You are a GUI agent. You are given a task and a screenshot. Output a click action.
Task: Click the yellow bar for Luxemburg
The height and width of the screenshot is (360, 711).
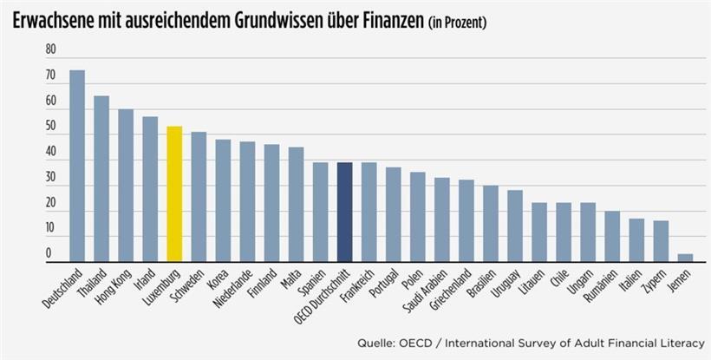174,194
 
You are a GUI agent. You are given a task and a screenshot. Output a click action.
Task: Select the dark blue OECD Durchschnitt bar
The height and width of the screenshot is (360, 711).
344,212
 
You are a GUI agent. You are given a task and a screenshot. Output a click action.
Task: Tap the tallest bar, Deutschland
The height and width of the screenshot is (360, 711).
77,166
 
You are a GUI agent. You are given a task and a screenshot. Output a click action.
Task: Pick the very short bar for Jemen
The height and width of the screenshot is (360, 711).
685,258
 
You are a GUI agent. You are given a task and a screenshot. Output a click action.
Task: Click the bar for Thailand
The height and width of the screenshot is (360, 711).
101,179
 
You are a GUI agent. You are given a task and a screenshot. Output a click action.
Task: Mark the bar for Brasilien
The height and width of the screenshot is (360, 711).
491,223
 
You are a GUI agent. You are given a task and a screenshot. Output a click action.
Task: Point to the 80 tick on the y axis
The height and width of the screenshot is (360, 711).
50,50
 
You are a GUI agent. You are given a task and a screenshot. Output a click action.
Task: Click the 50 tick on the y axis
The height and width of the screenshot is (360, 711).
50,128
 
